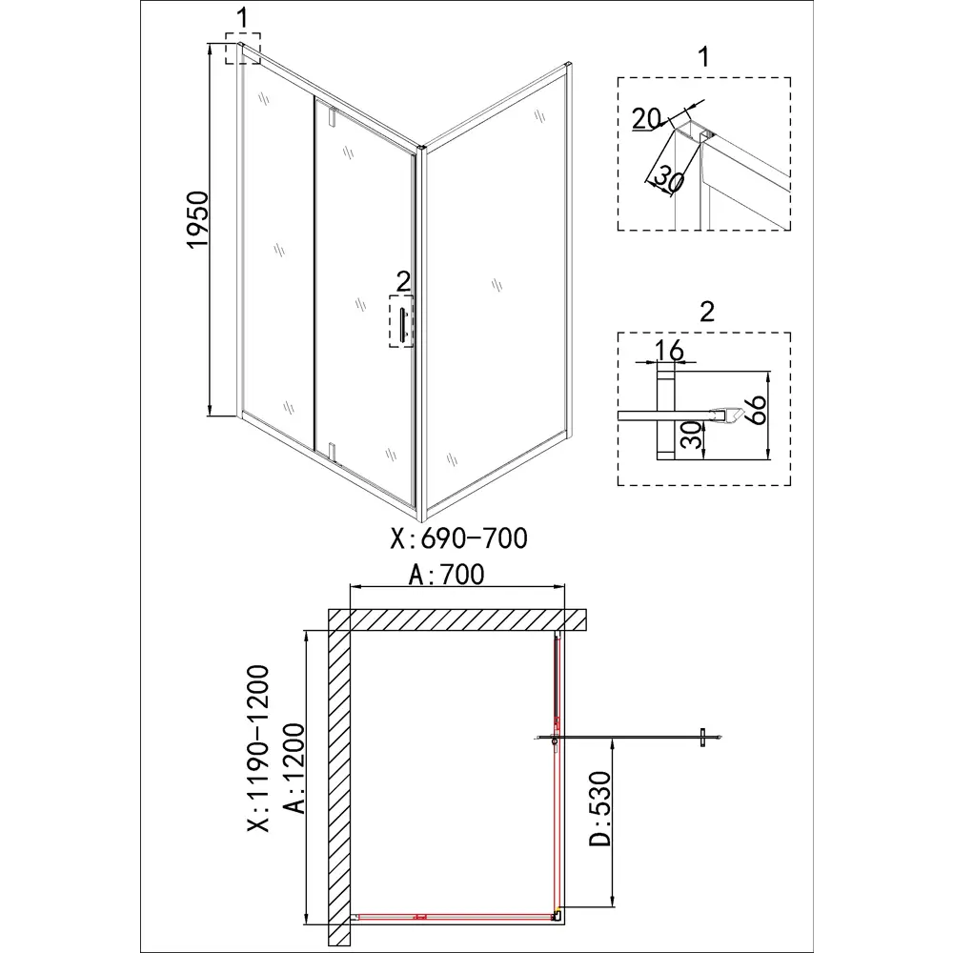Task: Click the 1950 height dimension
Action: (197, 219)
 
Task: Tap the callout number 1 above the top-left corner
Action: (242, 18)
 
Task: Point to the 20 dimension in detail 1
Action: (646, 119)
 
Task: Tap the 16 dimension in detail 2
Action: (669, 351)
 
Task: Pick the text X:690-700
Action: (459, 537)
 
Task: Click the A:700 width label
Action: (447, 575)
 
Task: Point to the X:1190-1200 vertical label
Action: (258, 747)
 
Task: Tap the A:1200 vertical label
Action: (294, 768)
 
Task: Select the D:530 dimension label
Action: (599, 808)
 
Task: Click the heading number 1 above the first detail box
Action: (704, 56)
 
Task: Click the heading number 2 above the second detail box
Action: (707, 312)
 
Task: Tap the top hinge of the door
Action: (332, 116)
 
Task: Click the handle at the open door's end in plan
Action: (702, 738)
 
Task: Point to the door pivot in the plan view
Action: (554, 740)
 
